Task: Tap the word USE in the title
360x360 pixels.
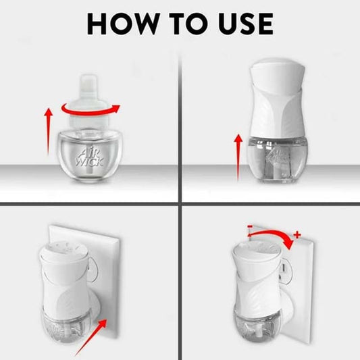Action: click(x=246, y=24)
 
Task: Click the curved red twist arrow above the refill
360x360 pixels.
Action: click(x=91, y=109)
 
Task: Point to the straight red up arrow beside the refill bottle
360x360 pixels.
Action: click(x=48, y=132)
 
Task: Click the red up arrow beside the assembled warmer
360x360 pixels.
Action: click(x=238, y=157)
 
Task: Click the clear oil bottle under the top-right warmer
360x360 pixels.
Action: click(x=278, y=160)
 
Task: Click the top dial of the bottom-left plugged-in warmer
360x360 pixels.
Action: click(x=63, y=249)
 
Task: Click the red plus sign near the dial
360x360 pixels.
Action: click(x=297, y=234)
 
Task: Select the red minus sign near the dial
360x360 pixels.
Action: click(x=250, y=227)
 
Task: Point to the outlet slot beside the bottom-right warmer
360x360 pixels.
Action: click(x=283, y=267)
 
